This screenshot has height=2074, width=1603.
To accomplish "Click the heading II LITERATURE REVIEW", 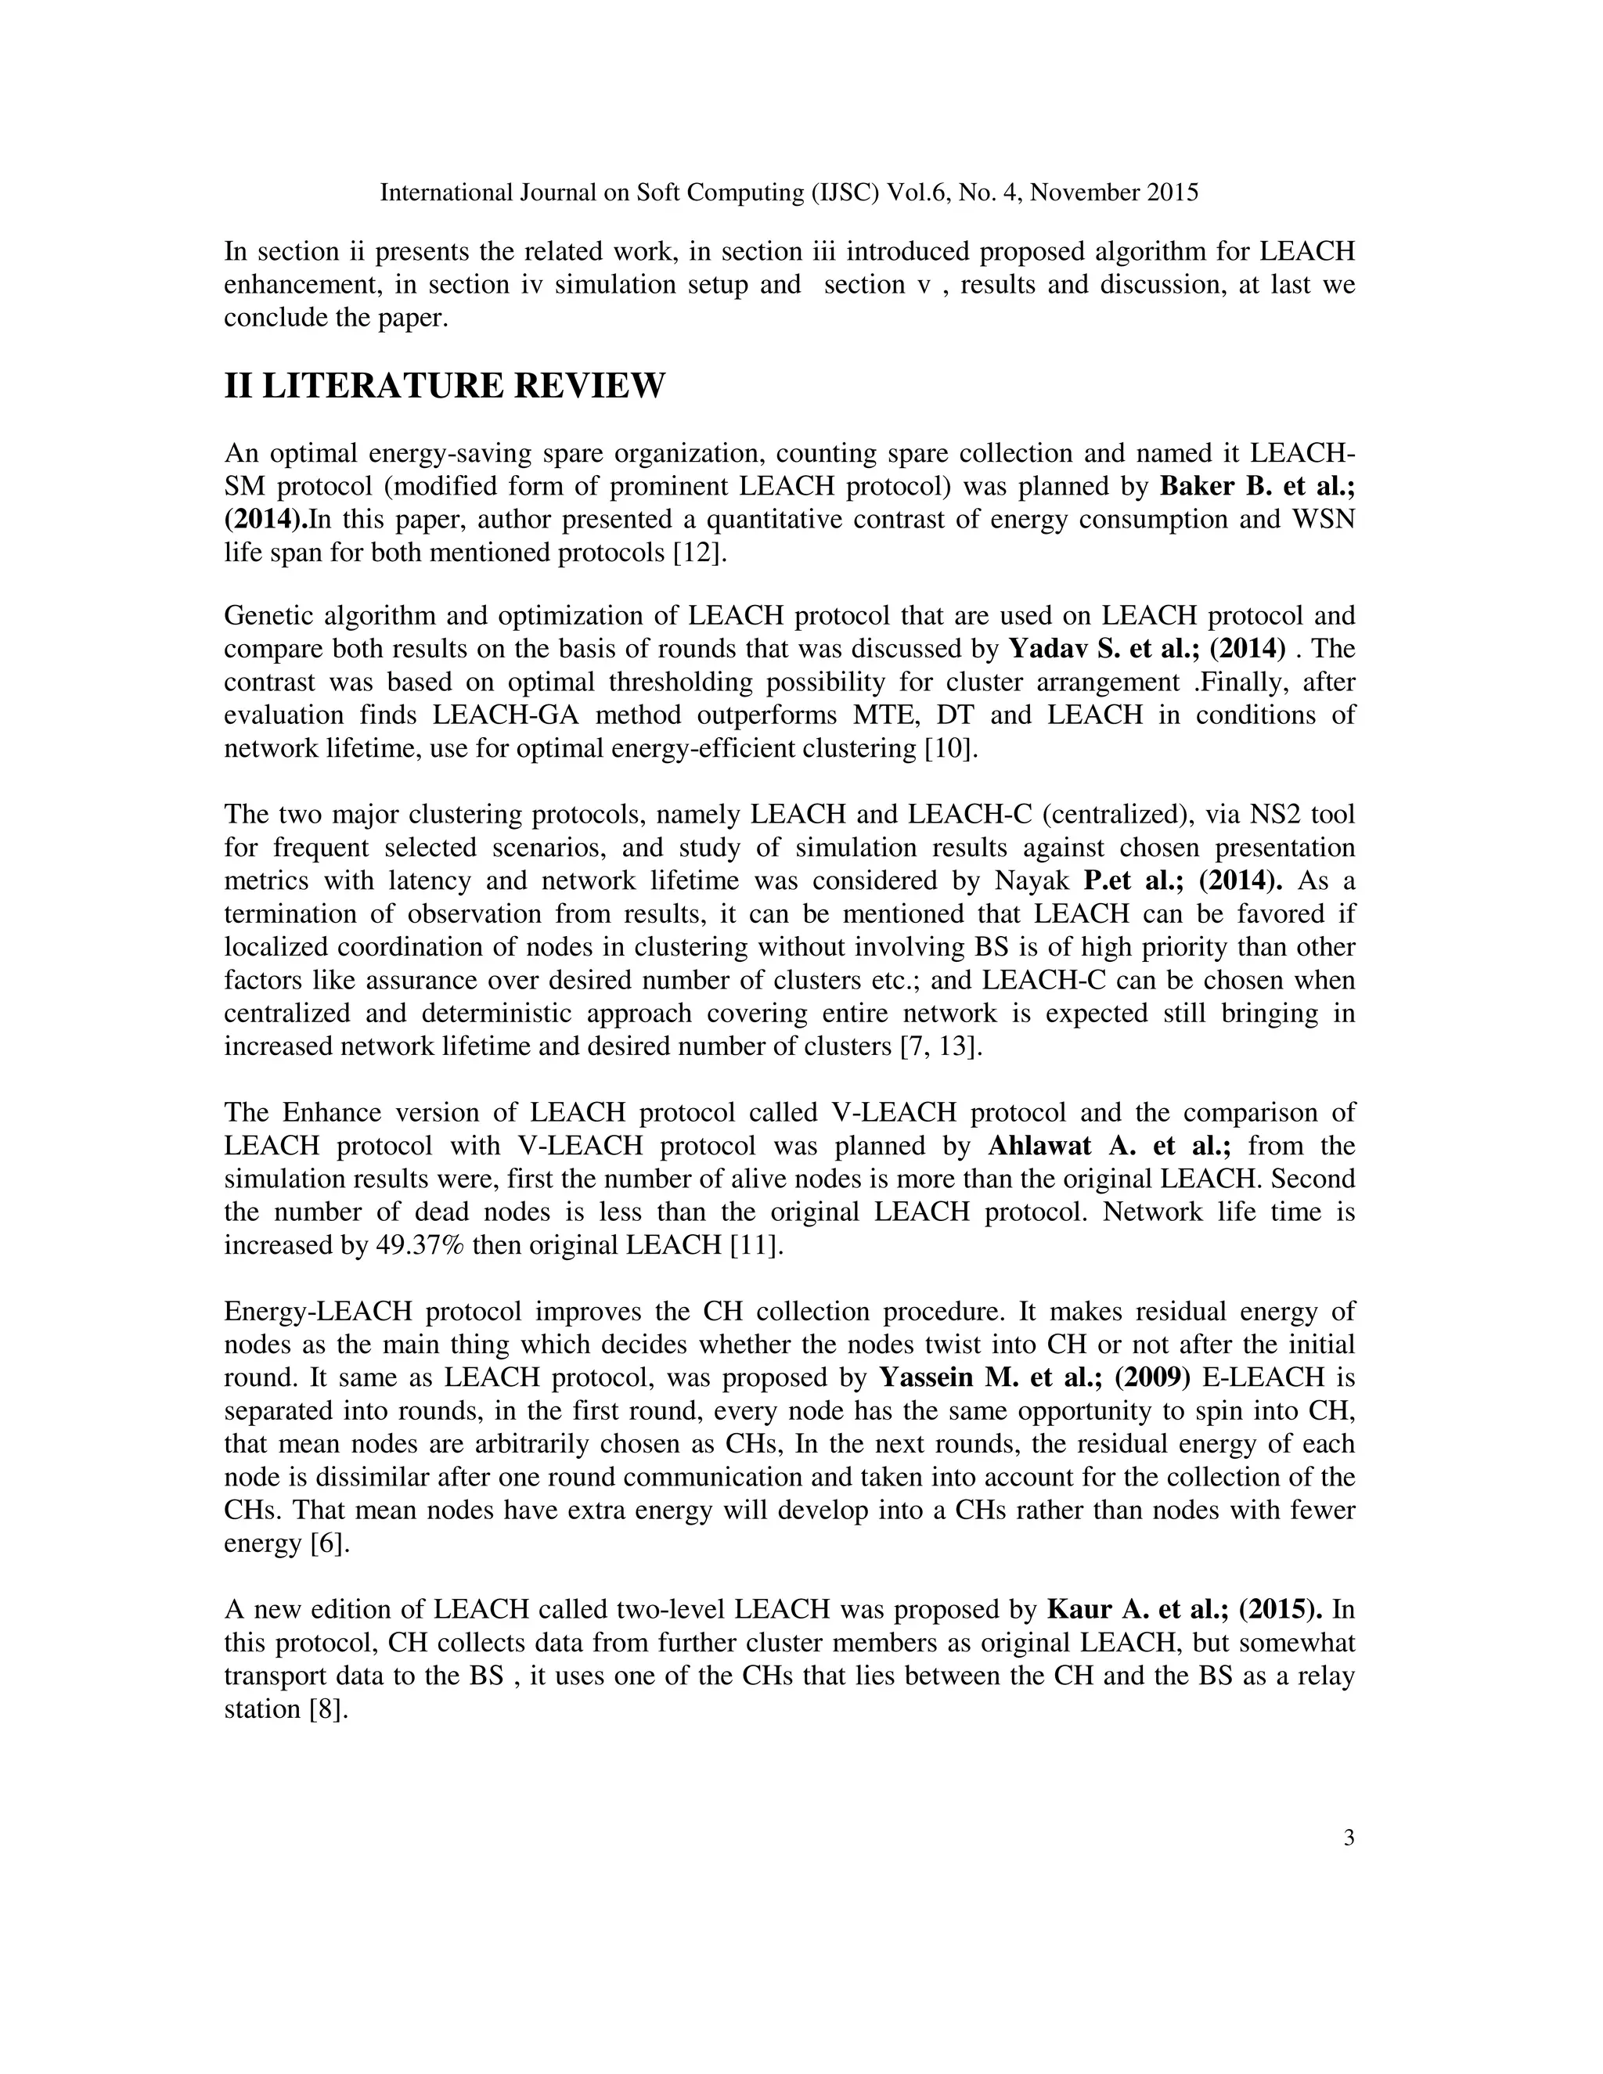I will [x=445, y=387].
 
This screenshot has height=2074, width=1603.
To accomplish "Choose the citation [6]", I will [x=330, y=1543].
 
